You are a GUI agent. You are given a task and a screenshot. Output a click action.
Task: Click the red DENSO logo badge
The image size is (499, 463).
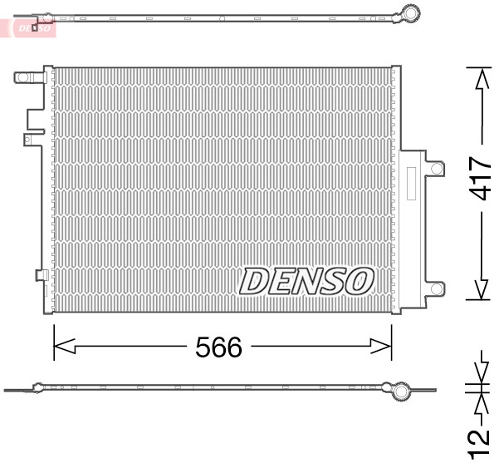(32, 27)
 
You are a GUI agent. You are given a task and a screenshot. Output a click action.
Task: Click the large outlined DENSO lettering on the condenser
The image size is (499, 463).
(306, 281)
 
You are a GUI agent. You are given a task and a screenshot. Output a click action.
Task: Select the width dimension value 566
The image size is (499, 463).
(218, 347)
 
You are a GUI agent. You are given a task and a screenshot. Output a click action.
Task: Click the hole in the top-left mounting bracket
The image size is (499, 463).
(23, 78)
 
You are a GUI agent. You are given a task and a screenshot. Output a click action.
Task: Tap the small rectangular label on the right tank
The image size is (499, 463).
(409, 182)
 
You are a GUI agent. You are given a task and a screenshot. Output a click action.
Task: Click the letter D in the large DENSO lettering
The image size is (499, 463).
(254, 281)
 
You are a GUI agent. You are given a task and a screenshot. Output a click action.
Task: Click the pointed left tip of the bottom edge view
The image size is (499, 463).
(7, 389)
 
